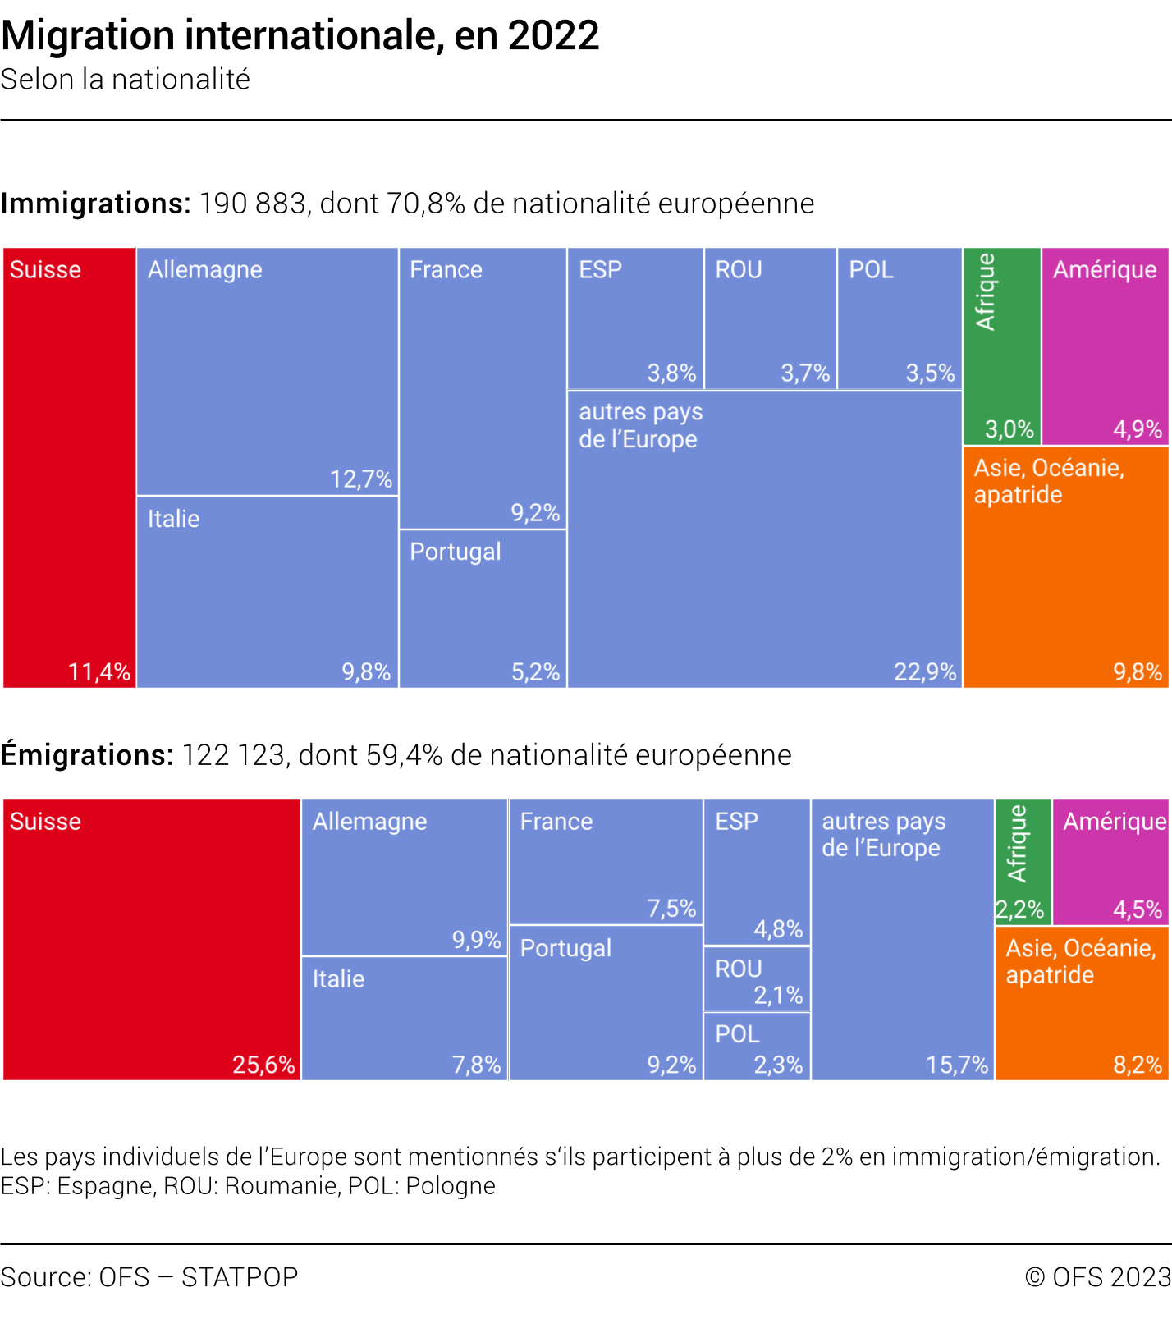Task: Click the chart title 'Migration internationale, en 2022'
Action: click(x=300, y=36)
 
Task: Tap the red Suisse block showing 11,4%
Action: click(x=70, y=468)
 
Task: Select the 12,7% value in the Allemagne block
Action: click(x=361, y=479)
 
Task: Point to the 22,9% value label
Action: click(x=925, y=672)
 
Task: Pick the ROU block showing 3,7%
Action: click(x=770, y=318)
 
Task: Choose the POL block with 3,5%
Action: click(x=900, y=318)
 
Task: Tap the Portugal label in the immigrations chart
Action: click(x=456, y=552)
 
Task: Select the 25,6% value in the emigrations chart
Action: click(x=263, y=1065)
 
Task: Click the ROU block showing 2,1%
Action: click(x=757, y=979)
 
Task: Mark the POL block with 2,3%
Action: click(x=757, y=1047)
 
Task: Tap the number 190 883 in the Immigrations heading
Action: click(x=253, y=204)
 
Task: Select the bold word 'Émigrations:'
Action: click(x=87, y=755)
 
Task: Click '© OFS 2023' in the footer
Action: click(x=1098, y=1277)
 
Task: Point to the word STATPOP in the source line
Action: click(x=240, y=1277)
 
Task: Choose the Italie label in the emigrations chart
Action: click(x=338, y=978)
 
